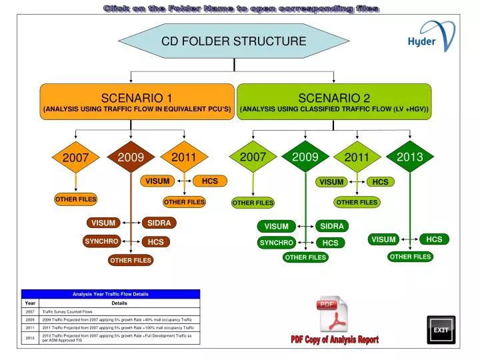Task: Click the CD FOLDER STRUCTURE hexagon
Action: click(234, 41)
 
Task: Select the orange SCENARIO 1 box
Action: click(136, 103)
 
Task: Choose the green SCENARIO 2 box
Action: click(334, 103)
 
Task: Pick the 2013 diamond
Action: click(409, 157)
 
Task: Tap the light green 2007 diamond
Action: click(253, 157)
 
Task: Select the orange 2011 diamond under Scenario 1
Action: click(183, 158)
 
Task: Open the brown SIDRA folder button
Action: click(159, 223)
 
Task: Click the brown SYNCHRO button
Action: click(101, 241)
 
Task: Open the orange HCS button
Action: click(209, 181)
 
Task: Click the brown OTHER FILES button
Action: click(131, 260)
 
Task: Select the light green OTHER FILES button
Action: click(253, 203)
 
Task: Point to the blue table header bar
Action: click(111, 294)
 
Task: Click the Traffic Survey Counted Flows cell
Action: click(120, 311)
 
